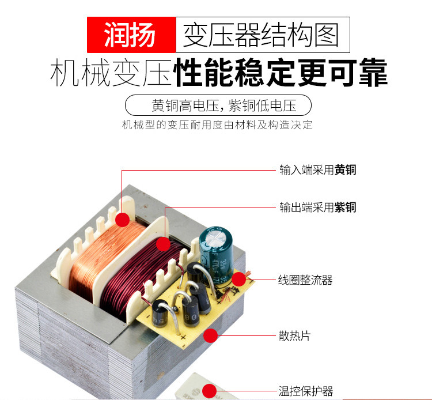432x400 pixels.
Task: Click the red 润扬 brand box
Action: tap(131, 35)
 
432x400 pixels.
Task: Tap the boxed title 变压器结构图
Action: tap(260, 35)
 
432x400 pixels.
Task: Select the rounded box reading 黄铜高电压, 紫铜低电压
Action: tap(218, 106)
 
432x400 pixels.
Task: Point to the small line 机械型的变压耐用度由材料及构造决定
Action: tap(218, 124)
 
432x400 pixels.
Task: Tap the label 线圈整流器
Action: tap(305, 281)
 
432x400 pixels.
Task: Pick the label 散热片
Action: tap(294, 335)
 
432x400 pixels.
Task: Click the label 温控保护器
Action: tap(305, 391)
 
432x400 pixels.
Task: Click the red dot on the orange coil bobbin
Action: tap(122, 220)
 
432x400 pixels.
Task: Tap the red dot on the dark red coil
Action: tap(163, 244)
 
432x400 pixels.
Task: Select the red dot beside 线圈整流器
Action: tap(239, 280)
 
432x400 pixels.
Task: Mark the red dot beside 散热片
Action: tap(211, 335)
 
